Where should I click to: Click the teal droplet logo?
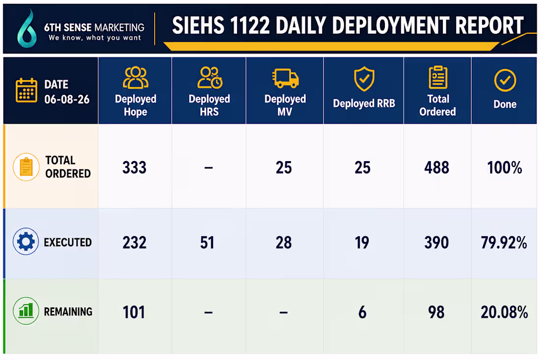click(27, 29)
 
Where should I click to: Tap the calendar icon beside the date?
click(26, 90)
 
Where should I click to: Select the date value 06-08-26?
click(67, 100)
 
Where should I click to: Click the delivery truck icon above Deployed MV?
click(285, 78)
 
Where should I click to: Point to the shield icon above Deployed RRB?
click(364, 79)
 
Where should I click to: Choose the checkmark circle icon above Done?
click(505, 80)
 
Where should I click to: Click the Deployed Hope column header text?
click(135, 105)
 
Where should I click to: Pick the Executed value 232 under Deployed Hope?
click(135, 243)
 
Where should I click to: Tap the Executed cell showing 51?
click(207, 243)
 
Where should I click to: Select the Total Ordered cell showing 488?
click(436, 168)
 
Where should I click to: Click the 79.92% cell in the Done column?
click(504, 243)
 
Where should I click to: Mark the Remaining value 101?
click(134, 312)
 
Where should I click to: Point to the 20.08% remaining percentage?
click(504, 312)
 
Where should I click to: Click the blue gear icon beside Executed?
click(26, 242)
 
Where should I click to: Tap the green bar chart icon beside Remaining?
click(26, 311)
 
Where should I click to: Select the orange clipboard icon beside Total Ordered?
click(26, 166)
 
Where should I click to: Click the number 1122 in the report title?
click(249, 26)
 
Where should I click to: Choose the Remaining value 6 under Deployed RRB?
click(362, 312)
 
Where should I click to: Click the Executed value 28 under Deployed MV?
click(283, 243)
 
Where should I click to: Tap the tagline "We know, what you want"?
click(95, 38)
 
